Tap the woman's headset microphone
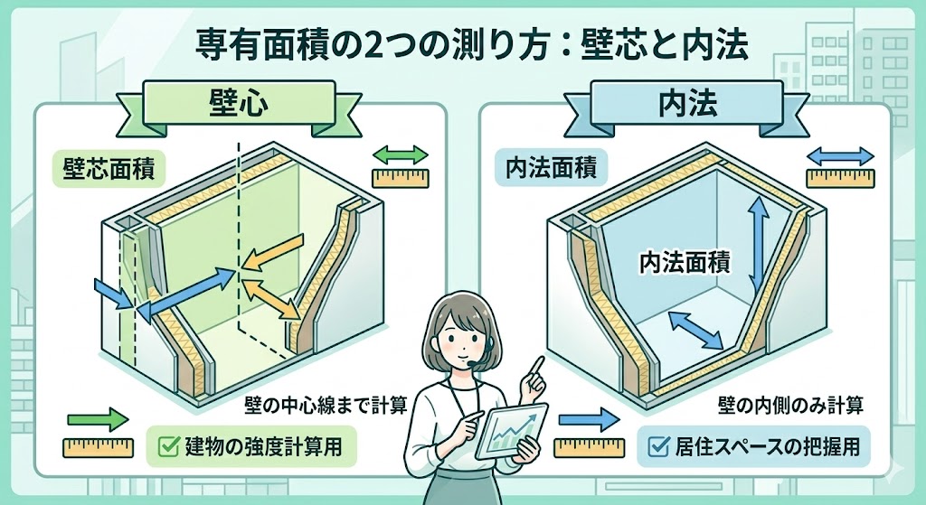click(x=471, y=362)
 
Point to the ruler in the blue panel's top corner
click(x=840, y=177)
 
